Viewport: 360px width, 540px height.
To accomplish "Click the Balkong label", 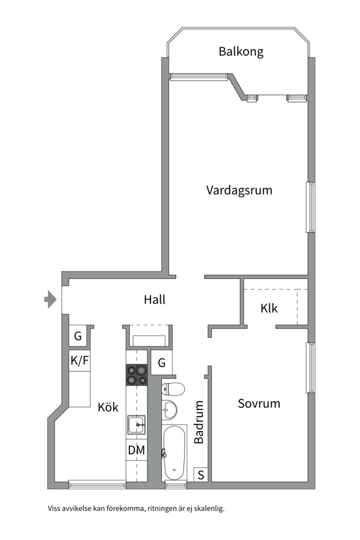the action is [241, 51].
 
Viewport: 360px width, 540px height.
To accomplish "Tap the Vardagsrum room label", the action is [239, 190].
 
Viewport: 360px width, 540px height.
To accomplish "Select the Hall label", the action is [154, 299].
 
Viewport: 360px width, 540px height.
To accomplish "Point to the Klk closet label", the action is [269, 308].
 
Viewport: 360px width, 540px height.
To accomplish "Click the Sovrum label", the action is [258, 403].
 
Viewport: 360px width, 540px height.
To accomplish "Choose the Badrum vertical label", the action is [199, 422].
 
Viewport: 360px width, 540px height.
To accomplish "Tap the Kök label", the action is [108, 407].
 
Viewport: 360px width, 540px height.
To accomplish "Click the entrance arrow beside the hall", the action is [50, 299].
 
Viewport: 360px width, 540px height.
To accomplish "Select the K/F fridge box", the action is [79, 360].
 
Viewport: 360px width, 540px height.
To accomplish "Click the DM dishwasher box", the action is [136, 450].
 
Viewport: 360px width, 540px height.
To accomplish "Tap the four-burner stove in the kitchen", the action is [137, 374].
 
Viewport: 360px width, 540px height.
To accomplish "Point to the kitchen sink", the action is [137, 424].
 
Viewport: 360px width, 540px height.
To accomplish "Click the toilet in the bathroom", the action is [173, 389].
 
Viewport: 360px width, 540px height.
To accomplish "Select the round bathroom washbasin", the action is [169, 410].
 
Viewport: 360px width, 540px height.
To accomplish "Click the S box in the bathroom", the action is [201, 474].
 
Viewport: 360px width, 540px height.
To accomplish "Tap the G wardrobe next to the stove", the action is [161, 362].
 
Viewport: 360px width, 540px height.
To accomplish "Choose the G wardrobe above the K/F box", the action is [78, 335].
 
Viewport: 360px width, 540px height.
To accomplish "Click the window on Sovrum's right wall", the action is [310, 367].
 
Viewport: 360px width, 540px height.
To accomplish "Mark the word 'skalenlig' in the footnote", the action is [209, 508].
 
